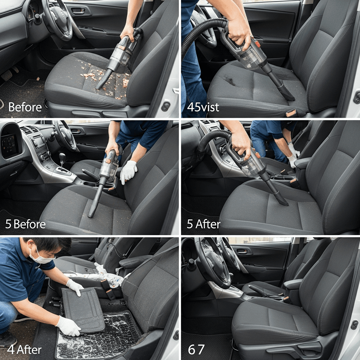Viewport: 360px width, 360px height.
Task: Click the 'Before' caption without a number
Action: click(x=25, y=107)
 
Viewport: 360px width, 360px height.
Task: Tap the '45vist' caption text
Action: click(x=203, y=107)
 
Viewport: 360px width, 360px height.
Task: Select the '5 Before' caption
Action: click(x=25, y=224)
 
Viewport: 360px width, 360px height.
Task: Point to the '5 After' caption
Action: click(x=204, y=224)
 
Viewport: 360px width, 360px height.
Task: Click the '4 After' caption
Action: click(x=24, y=350)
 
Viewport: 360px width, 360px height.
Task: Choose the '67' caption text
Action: click(x=196, y=350)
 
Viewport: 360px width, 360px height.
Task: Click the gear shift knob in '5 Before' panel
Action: click(x=62, y=157)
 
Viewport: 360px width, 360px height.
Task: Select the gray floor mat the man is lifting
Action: click(x=83, y=310)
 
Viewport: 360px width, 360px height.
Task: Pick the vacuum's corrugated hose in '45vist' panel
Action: click(x=202, y=34)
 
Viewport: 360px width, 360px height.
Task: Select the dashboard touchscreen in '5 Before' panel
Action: click(x=9, y=146)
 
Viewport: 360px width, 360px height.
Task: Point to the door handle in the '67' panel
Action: click(x=242, y=252)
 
